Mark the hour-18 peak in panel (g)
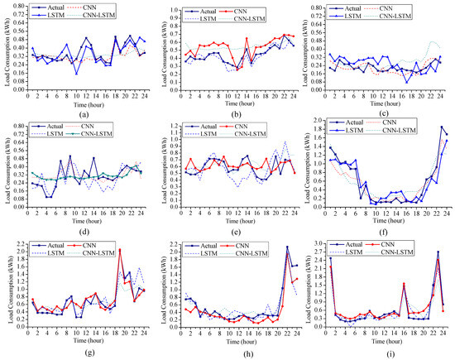(120, 250)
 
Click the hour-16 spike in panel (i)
(404, 284)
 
